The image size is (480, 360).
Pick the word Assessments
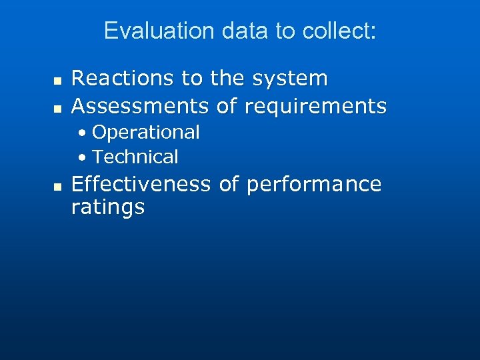coord(141,105)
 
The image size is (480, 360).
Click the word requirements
coord(316,105)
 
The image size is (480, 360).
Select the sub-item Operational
coord(146,132)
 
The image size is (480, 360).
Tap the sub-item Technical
coord(135,157)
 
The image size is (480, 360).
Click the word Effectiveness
coord(141,184)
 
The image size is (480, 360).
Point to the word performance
coord(314,184)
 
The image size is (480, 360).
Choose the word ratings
coord(108,207)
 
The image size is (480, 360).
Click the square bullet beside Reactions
coord(57,80)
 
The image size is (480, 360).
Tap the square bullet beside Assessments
coord(57,107)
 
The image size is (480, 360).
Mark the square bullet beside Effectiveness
coord(57,185)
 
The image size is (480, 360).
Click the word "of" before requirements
coord(228,105)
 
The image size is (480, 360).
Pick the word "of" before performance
coord(228,184)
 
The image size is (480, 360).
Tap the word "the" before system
coord(227,79)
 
